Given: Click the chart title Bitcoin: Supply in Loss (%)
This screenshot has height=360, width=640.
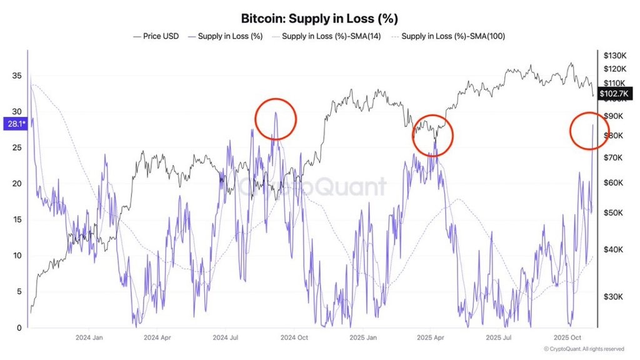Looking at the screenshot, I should click(319, 19).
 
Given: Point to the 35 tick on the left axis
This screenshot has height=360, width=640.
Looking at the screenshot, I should click(16, 76).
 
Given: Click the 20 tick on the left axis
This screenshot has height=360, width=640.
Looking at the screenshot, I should click(16, 184).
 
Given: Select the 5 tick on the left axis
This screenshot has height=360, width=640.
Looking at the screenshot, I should click(19, 292).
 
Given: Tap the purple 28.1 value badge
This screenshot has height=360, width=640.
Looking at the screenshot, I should click(14, 124).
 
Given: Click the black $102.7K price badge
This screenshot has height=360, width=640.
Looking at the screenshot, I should click(616, 94).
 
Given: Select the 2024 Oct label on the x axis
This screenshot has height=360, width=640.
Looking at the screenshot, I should click(294, 337).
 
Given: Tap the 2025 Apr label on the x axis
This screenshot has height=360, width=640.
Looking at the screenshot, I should click(431, 337).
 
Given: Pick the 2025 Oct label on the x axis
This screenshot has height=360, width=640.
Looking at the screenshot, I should click(568, 337).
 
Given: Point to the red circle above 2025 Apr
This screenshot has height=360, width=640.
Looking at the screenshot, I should click(432, 135).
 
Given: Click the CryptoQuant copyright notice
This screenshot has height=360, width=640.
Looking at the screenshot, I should click(583, 349).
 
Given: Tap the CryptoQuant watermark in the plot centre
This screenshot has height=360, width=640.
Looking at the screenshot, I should click(311, 186).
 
